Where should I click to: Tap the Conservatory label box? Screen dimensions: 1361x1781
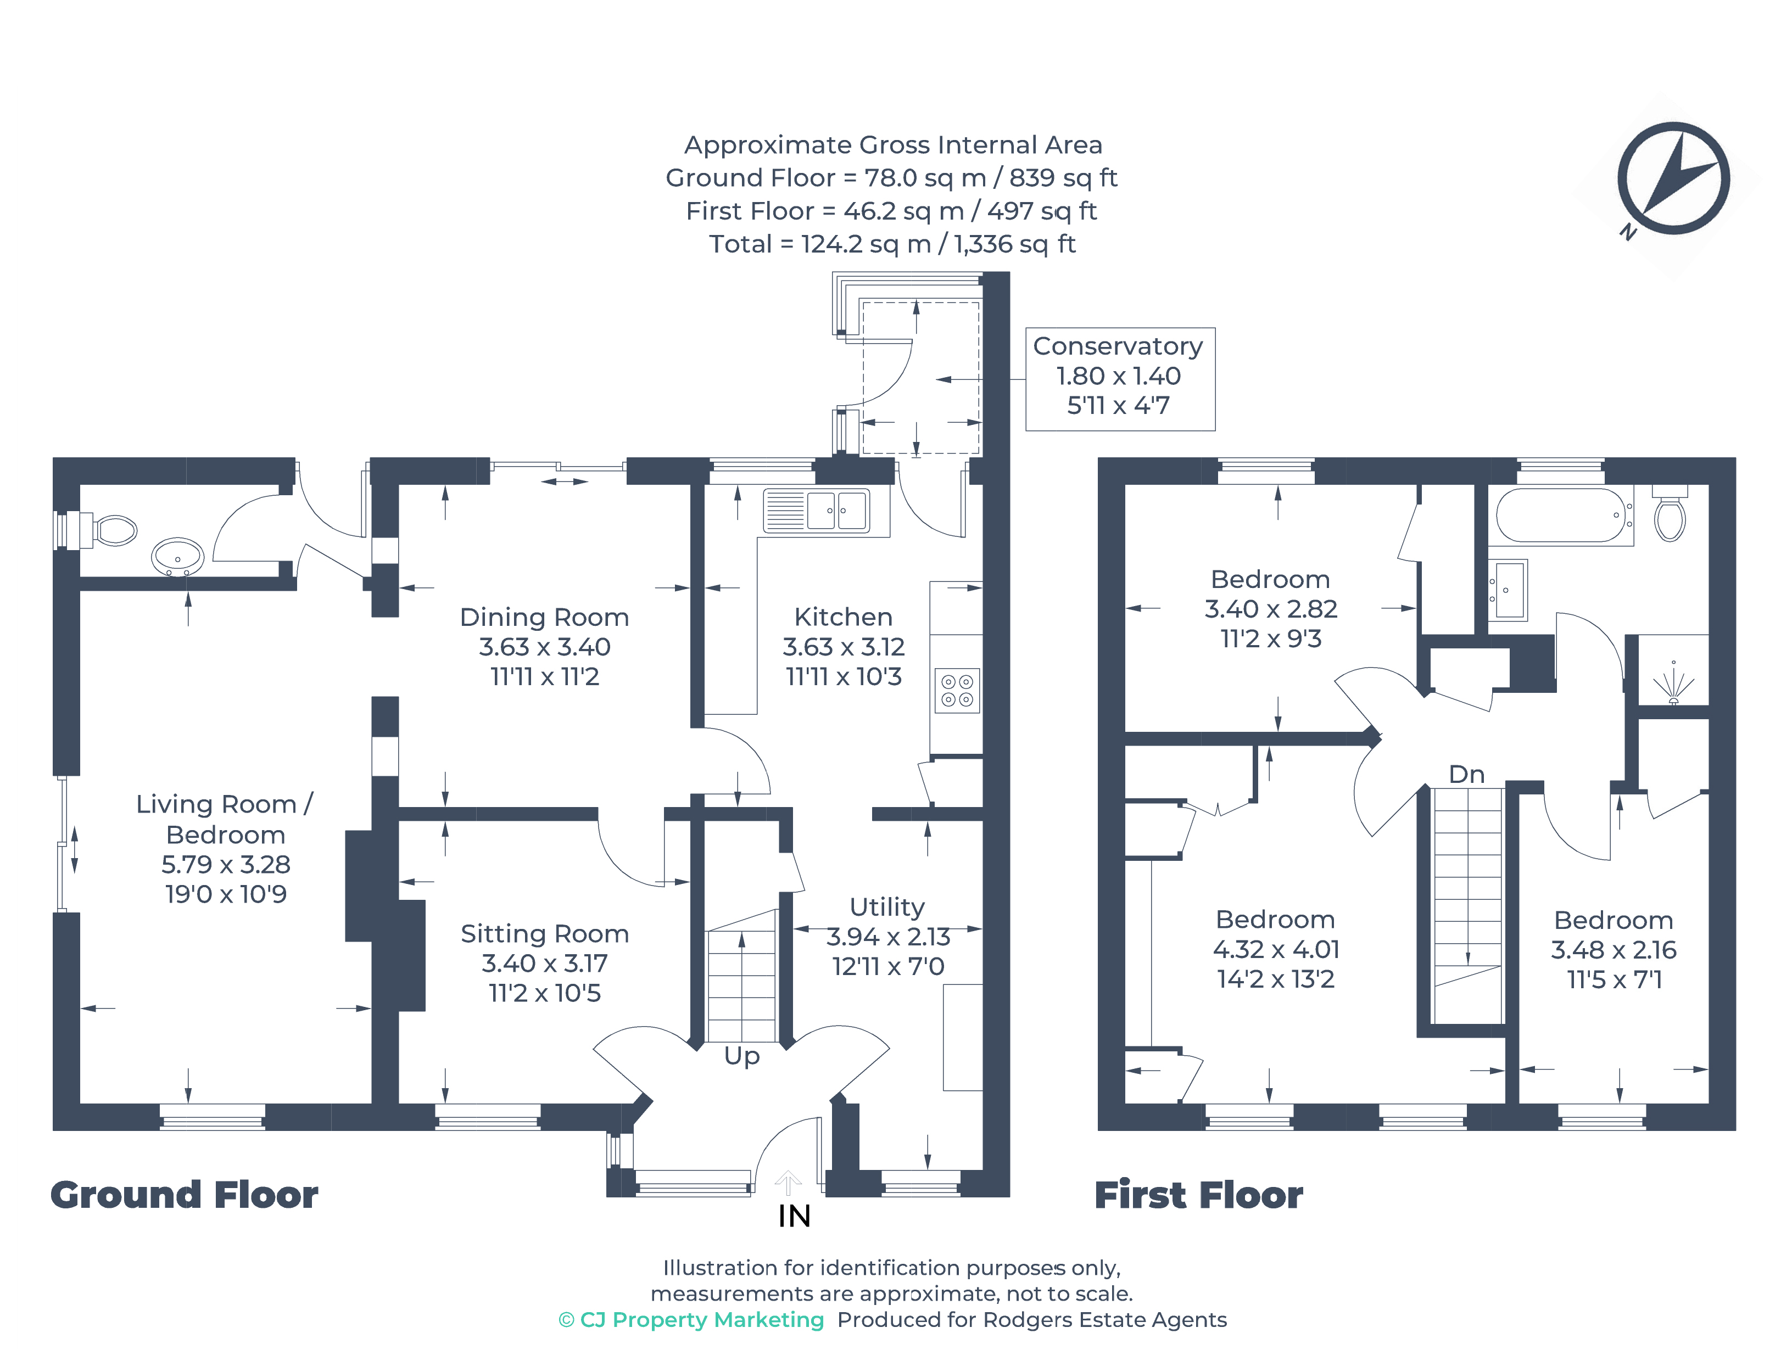(1119, 378)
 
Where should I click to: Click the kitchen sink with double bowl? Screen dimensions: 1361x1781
(816, 511)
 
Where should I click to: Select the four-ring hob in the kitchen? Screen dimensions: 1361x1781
(957, 690)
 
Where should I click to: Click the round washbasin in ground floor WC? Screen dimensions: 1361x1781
(177, 557)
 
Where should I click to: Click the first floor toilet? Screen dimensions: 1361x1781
(1670, 516)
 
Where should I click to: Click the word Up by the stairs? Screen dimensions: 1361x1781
(741, 1056)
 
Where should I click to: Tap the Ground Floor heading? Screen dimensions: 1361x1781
(185, 1195)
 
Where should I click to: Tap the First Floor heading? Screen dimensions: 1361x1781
(1198, 1195)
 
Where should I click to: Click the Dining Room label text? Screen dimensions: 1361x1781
(544, 617)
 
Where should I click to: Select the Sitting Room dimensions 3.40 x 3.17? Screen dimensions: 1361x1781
(544, 963)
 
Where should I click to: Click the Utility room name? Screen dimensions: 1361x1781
(886, 906)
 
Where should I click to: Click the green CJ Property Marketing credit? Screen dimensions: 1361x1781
(691, 1320)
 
